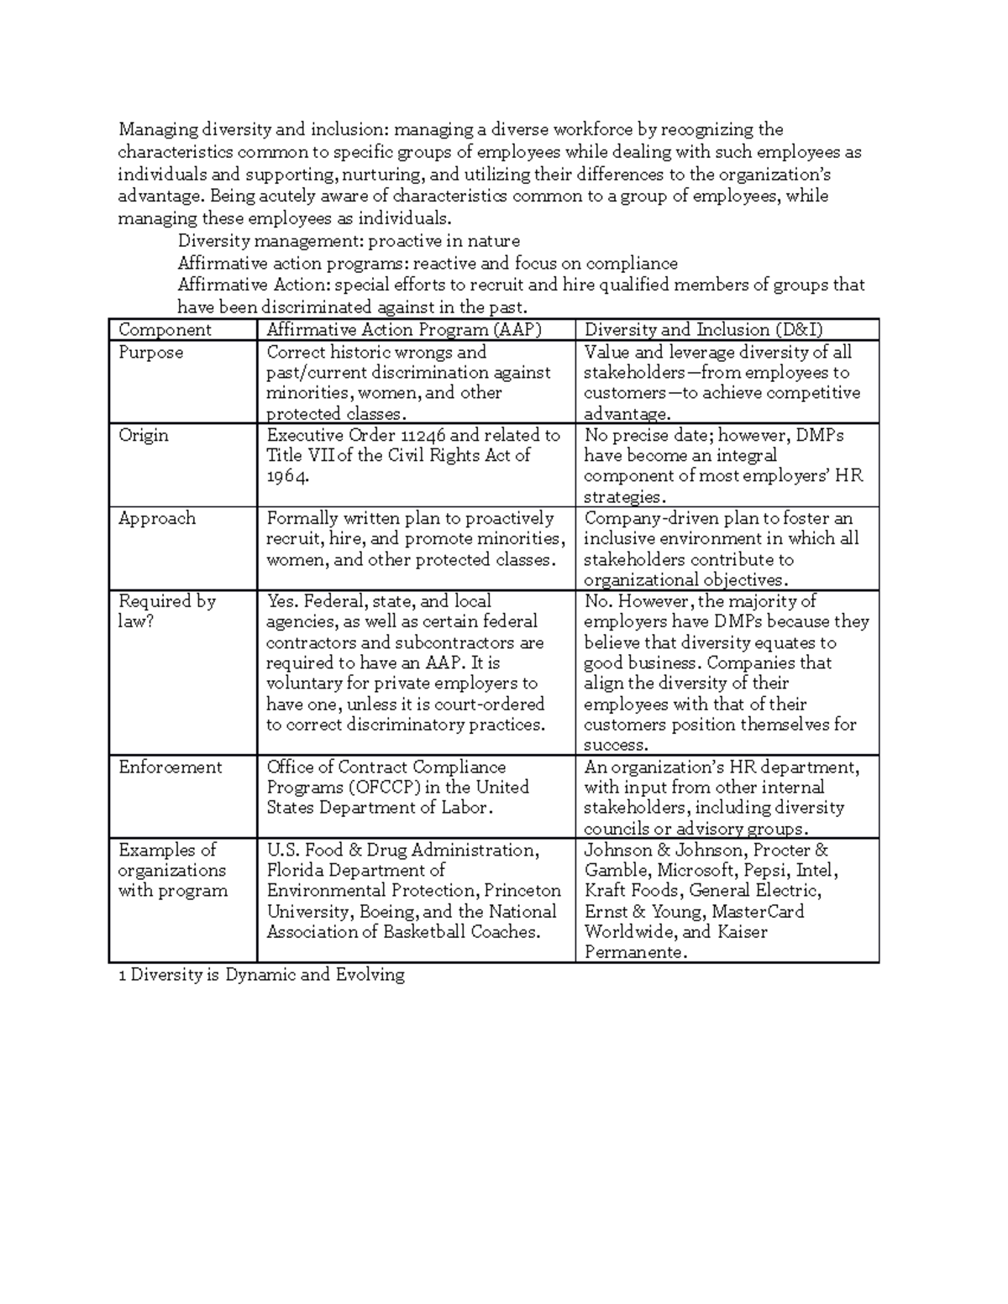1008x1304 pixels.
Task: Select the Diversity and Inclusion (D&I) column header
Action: click(x=703, y=330)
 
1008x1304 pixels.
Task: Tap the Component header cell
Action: click(x=165, y=330)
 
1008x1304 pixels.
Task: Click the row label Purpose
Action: click(x=150, y=353)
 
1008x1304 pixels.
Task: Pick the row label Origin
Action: click(x=144, y=435)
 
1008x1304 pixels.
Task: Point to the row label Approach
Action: click(x=157, y=518)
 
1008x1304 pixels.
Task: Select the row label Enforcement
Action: click(x=170, y=767)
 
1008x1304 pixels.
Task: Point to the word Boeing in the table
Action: click(x=387, y=912)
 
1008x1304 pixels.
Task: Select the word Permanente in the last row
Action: click(x=634, y=953)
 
